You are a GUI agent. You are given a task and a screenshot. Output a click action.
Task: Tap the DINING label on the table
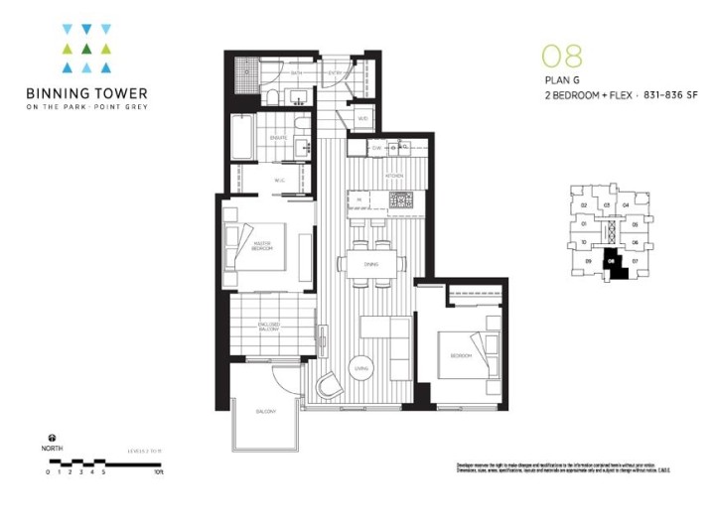369,265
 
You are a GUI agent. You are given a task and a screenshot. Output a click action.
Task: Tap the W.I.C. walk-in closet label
279,180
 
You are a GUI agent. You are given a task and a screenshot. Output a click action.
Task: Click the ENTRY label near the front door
335,72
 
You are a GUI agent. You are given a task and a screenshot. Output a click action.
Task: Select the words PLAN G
559,82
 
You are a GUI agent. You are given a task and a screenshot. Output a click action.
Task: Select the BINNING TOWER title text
90,95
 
